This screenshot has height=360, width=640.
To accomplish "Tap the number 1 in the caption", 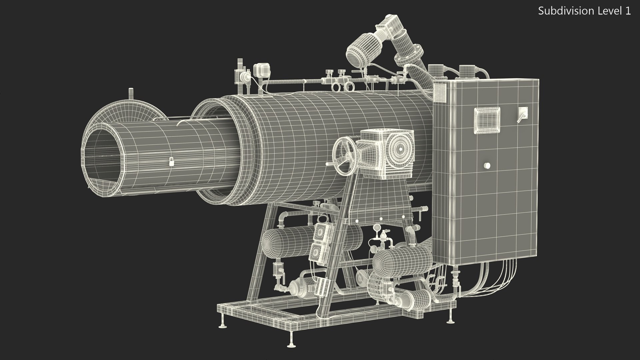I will [x=628, y=11].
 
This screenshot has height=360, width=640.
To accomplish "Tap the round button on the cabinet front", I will [x=487, y=165].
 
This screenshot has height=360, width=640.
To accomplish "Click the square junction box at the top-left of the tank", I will [x=260, y=70].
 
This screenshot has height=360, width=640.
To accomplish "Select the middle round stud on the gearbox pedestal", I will [x=381, y=219].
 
